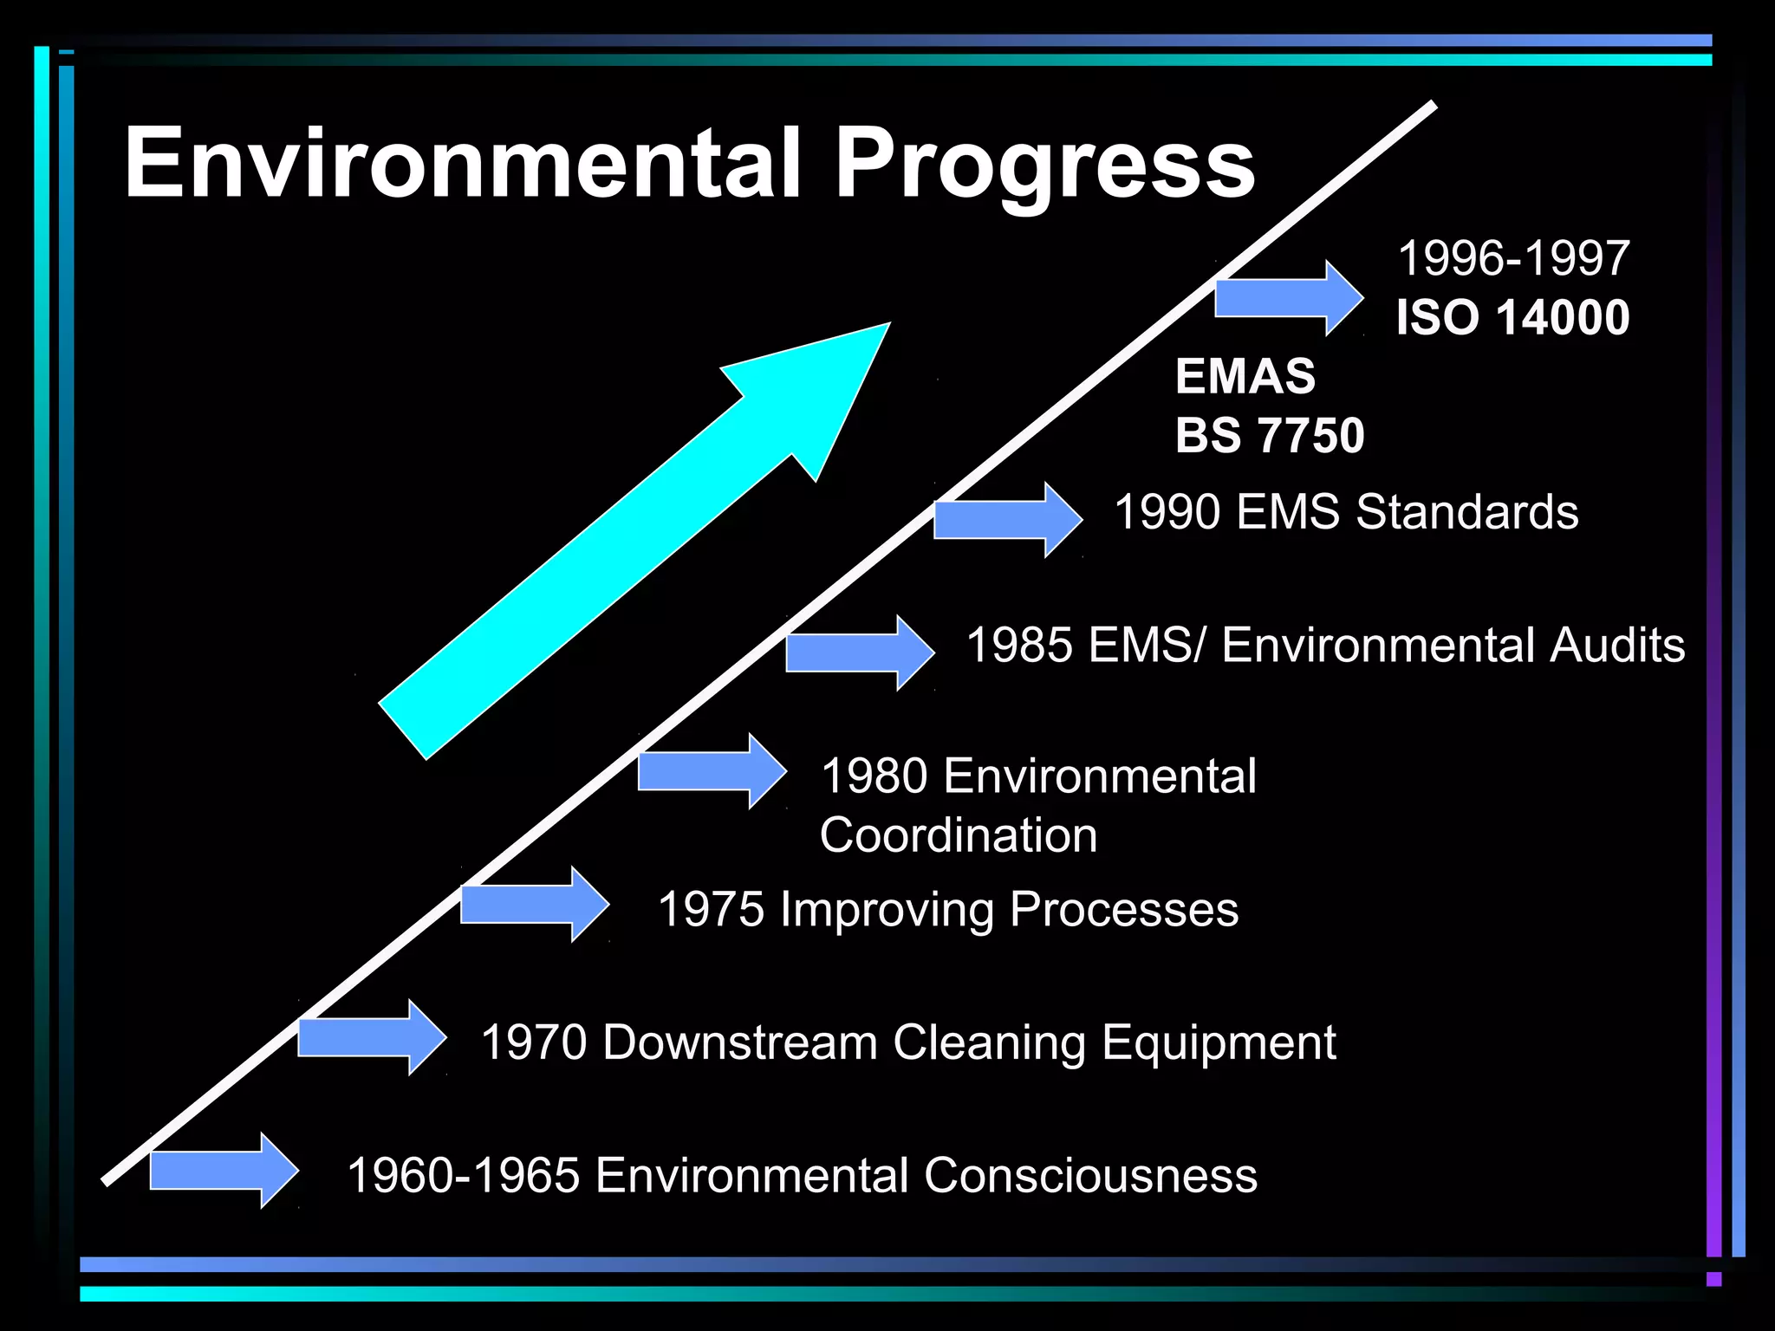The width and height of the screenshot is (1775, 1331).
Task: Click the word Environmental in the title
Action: click(463, 163)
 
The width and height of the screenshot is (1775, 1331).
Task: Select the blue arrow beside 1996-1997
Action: click(1287, 297)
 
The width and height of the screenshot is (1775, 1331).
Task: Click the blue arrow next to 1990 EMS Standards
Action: click(1006, 519)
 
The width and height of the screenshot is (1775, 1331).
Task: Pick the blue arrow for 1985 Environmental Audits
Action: click(859, 653)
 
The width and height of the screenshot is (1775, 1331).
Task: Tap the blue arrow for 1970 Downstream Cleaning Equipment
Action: click(371, 1037)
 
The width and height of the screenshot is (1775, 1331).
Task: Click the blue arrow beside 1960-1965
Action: click(224, 1170)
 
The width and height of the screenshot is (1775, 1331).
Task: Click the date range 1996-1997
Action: click(1513, 258)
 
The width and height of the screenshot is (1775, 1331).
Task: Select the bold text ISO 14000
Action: click(1512, 317)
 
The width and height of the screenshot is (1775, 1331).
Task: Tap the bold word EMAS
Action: click(1245, 376)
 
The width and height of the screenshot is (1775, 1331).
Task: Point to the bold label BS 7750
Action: click(1270, 435)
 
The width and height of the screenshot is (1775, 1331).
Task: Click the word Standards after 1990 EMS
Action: click(1466, 511)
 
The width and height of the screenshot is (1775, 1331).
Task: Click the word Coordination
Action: click(959, 835)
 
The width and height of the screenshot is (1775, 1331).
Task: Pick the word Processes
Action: click(1123, 910)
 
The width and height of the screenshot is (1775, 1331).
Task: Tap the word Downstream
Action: click(739, 1042)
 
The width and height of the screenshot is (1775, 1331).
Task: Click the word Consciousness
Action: click(1090, 1176)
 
